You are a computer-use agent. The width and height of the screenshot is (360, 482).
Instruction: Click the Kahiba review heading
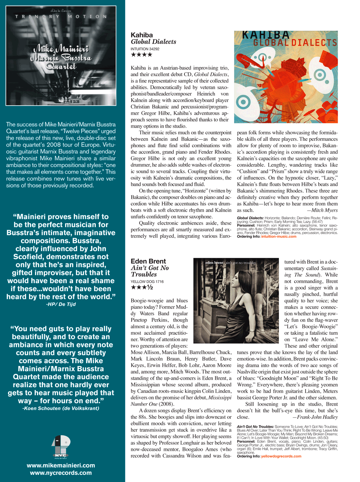[142, 35]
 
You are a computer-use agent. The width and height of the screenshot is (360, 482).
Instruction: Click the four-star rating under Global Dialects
[142, 55]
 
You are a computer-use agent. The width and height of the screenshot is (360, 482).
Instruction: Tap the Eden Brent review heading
[148, 261]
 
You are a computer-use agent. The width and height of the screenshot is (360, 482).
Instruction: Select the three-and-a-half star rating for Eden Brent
[142, 287]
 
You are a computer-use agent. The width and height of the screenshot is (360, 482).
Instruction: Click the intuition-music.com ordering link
[279, 236]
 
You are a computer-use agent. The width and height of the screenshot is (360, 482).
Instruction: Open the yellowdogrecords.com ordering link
[281, 456]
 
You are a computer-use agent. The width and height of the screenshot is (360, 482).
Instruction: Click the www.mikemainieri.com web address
[61, 465]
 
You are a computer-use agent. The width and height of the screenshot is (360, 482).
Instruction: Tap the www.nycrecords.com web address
[61, 473]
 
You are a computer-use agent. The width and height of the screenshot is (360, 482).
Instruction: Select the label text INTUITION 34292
[145, 49]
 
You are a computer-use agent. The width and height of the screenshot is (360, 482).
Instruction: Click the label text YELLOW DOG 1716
[147, 281]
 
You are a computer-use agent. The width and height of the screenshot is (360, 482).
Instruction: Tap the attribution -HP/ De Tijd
[61, 304]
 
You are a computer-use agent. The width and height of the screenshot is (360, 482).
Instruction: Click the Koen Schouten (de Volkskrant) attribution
[61, 408]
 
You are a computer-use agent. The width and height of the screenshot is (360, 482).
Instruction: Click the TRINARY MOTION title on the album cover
[61, 16]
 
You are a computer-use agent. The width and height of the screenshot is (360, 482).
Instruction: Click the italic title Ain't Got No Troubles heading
[150, 271]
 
